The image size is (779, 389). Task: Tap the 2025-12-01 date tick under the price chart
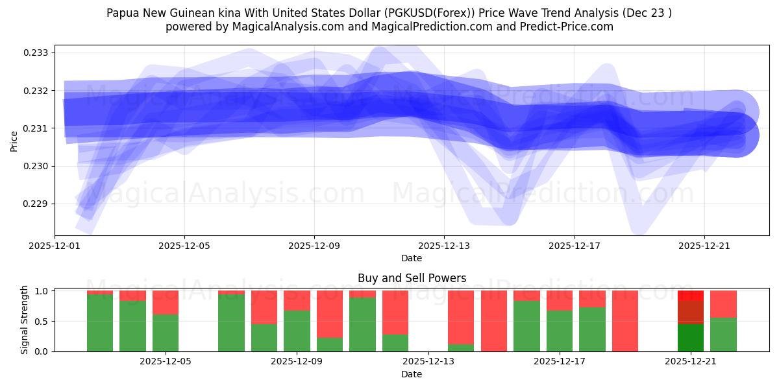(x=55, y=246)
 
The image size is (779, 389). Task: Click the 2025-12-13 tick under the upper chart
(x=444, y=246)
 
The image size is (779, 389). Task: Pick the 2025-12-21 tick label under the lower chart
(x=691, y=361)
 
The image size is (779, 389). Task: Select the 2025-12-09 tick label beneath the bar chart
(x=297, y=361)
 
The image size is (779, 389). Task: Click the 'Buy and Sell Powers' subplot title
(x=412, y=278)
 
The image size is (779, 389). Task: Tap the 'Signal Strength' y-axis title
(x=25, y=320)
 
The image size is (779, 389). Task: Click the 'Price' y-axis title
(x=14, y=141)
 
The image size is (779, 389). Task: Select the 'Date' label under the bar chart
(x=412, y=374)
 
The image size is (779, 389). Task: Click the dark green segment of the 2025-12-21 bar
(x=690, y=338)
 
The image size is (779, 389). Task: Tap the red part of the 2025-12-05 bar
(x=166, y=302)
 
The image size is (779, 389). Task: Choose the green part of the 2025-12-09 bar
(x=297, y=331)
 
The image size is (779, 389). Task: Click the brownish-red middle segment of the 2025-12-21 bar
(x=690, y=312)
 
